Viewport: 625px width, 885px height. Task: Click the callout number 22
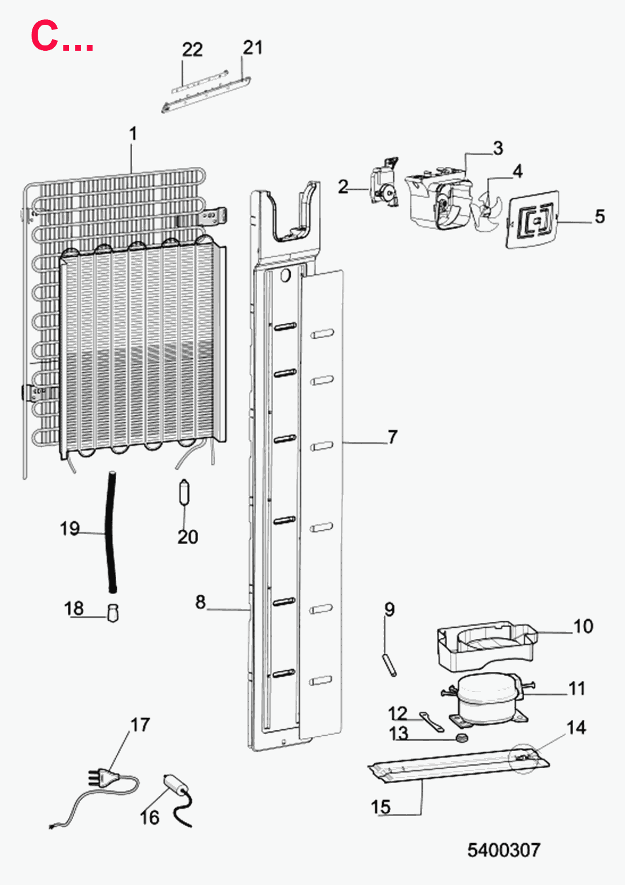coord(192,50)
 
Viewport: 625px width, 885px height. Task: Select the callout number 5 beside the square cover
coord(600,217)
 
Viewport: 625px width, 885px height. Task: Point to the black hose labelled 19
coord(111,532)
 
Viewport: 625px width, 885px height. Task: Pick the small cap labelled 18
coord(113,613)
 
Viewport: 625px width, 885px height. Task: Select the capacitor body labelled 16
coord(174,785)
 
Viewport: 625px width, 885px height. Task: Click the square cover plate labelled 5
coord(532,219)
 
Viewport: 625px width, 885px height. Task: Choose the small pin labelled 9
coord(389,666)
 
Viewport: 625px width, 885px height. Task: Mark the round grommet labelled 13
coord(461,737)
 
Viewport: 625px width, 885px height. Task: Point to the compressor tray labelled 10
coord(486,647)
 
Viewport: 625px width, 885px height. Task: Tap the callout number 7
coord(392,437)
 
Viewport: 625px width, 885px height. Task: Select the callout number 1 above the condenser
coord(133,134)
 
